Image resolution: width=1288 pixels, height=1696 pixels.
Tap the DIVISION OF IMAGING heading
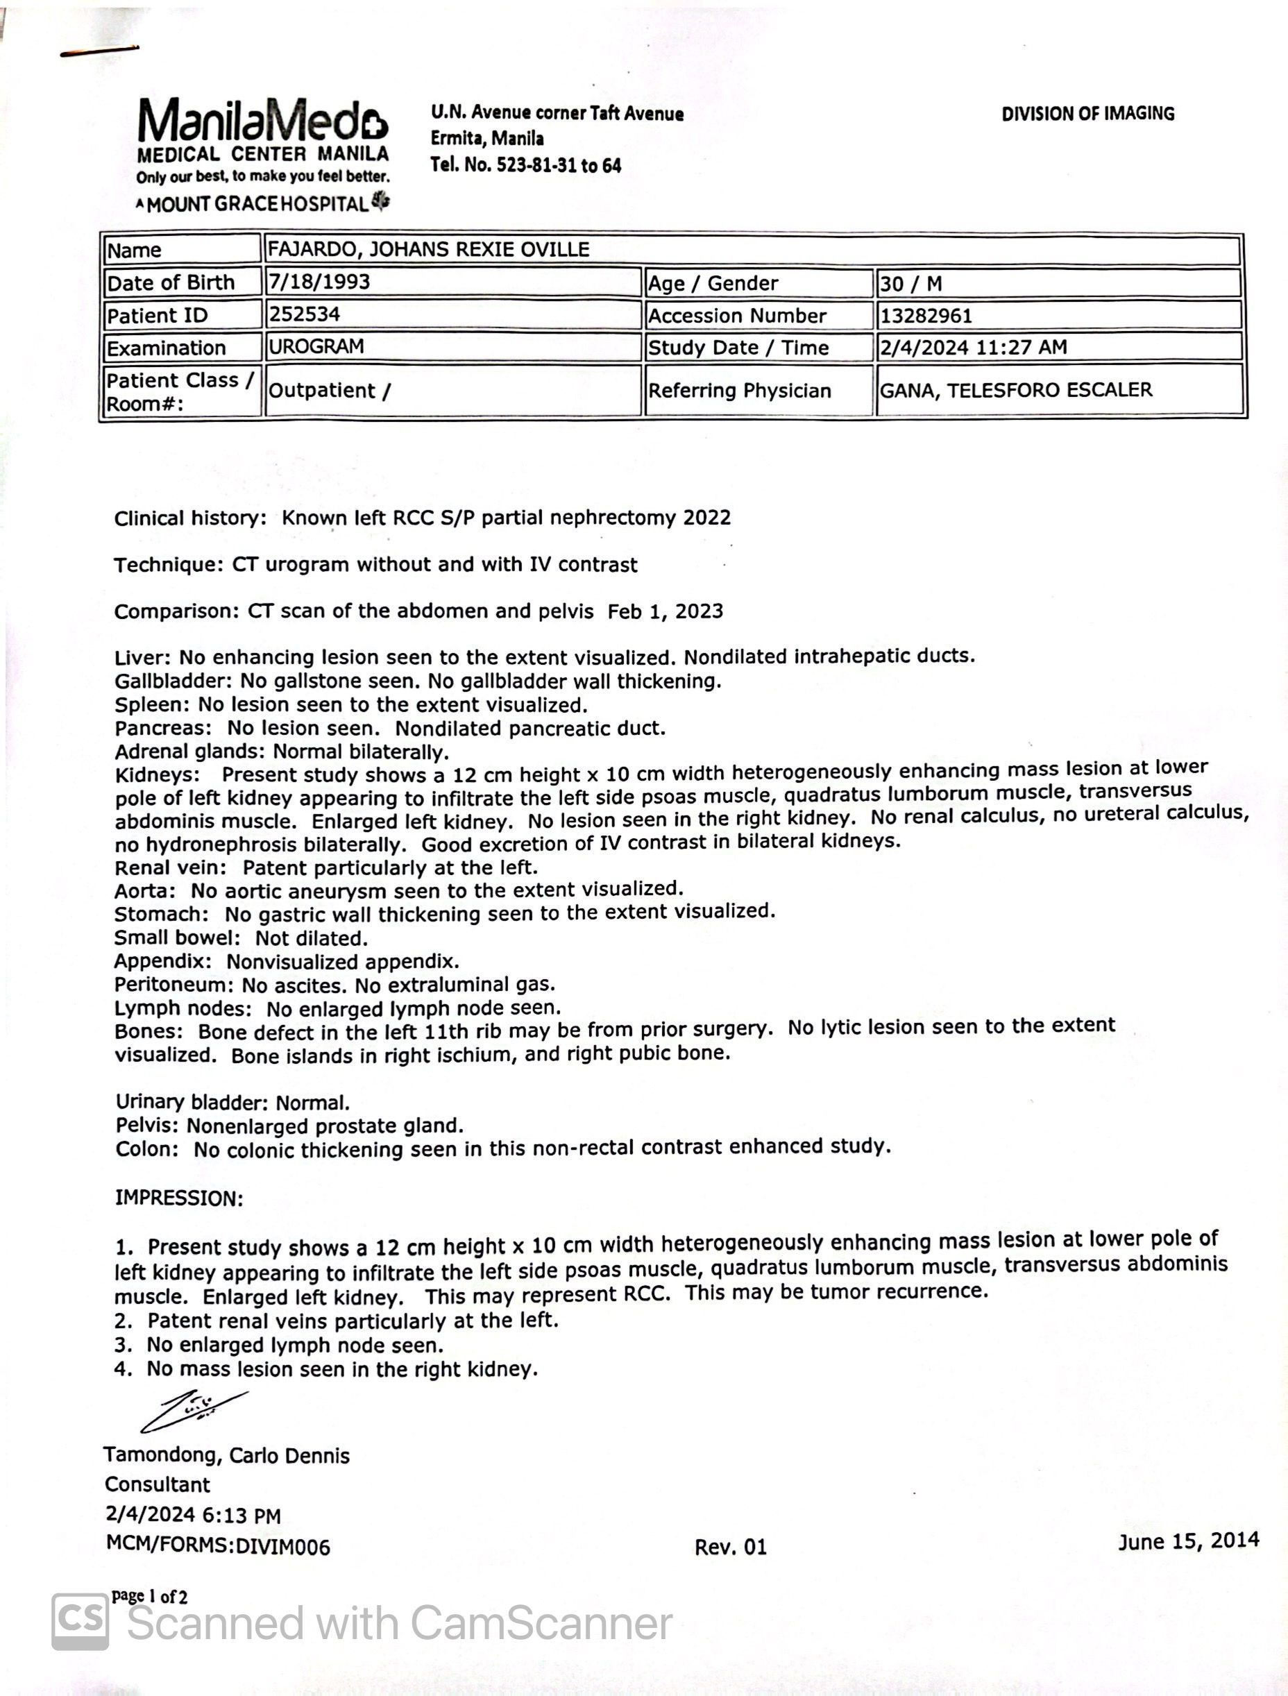click(1087, 115)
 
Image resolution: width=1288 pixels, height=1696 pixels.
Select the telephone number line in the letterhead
click(525, 166)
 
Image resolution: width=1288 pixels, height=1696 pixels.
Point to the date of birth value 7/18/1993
click(319, 282)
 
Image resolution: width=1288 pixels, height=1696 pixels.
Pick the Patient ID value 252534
click(305, 314)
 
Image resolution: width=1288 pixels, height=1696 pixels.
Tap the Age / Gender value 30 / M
click(910, 284)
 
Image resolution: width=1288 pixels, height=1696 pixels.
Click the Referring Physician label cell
click(739, 391)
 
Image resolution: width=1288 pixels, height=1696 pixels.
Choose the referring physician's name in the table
click(1015, 390)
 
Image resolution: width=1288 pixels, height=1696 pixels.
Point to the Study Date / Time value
click(973, 348)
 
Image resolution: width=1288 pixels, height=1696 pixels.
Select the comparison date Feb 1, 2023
click(665, 611)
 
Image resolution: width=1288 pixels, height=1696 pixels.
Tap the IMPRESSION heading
click(178, 1198)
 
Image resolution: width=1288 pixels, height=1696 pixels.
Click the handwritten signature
click(193, 1410)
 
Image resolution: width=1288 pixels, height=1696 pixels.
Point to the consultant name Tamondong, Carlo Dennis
click(227, 1456)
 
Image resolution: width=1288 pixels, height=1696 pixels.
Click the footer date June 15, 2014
click(1187, 1541)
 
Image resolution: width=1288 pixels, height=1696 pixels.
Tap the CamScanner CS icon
click(80, 1622)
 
